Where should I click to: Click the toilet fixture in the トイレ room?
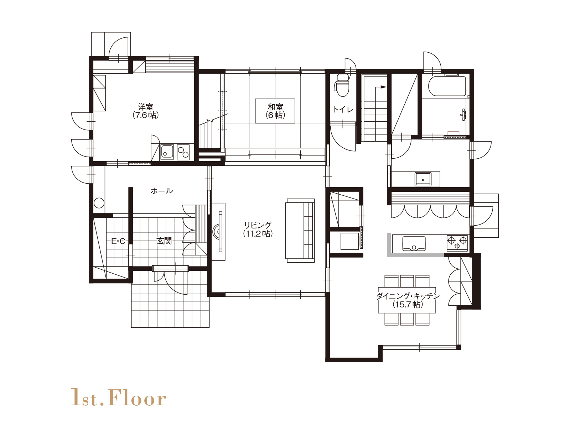click(342, 85)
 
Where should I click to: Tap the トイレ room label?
click(343, 109)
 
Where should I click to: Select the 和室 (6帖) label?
click(275, 111)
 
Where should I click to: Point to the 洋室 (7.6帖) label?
click(146, 111)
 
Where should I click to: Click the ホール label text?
click(162, 191)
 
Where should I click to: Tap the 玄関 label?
click(164, 241)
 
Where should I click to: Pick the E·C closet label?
click(118, 241)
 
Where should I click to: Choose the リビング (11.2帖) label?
click(258, 230)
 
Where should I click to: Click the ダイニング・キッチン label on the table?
click(408, 300)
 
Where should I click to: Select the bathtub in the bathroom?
click(447, 86)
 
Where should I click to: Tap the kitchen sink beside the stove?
click(414, 243)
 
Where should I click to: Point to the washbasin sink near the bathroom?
click(423, 179)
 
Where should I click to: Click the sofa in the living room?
click(300, 231)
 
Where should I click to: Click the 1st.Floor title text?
click(119, 397)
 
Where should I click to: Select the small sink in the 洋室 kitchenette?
click(167, 152)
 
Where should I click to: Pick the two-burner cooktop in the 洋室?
click(183, 152)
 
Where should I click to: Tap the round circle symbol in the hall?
click(99, 203)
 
